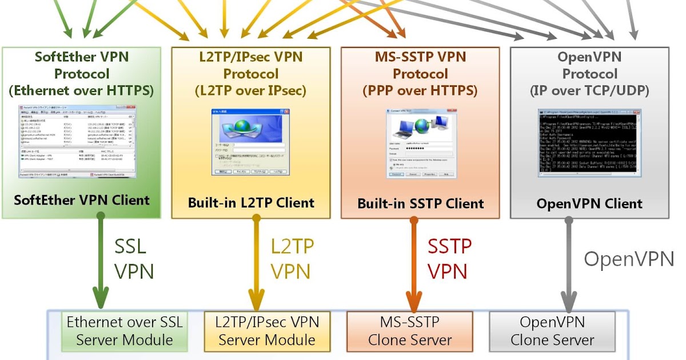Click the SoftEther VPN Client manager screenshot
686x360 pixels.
[77, 140]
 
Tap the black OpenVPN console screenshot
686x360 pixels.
[589, 143]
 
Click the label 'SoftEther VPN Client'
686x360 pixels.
[82, 201]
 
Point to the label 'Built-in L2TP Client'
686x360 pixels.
[251, 203]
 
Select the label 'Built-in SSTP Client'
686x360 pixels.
[421, 203]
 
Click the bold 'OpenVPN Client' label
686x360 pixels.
[589, 203]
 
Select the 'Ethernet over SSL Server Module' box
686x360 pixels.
[125, 331]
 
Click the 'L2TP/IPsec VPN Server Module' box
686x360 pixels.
[267, 331]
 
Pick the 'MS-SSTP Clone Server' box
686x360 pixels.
[410, 331]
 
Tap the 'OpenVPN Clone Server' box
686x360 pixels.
[552, 331]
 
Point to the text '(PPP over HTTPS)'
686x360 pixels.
[420, 90]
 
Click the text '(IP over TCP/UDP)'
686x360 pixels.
[589, 90]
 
